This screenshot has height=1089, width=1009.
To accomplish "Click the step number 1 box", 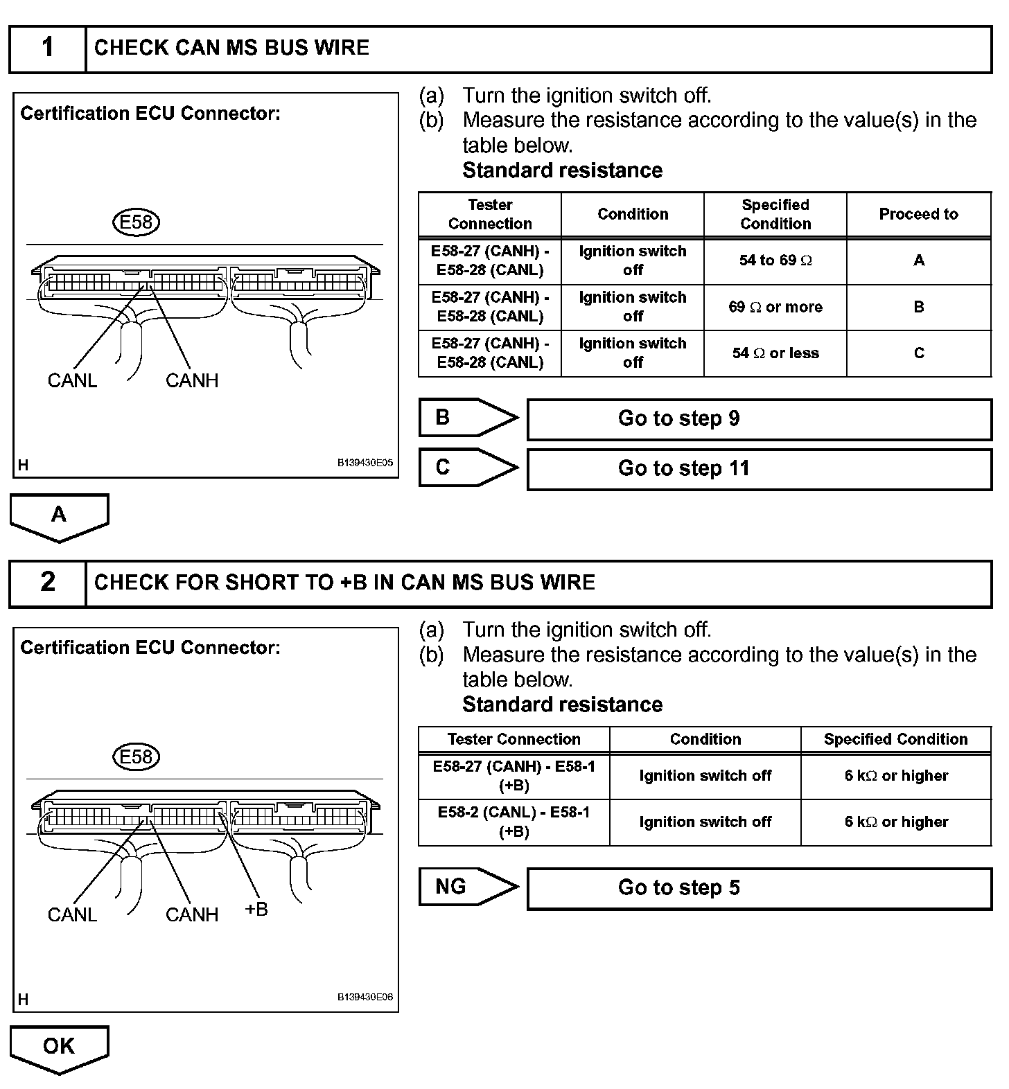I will point(47,48).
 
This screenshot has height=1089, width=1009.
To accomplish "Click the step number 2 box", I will point(47,583).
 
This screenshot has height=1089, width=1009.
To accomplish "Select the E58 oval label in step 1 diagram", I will point(136,222).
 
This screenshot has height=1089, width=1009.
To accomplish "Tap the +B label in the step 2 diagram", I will point(256,910).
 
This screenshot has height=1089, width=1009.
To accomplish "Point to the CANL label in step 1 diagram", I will point(72,380).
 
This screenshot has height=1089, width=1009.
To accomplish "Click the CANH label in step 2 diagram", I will point(192,915).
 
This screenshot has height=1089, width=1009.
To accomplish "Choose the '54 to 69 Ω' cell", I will point(775,261).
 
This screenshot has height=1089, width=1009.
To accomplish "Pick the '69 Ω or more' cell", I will point(775,307).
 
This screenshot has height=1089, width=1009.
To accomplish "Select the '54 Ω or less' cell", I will point(775,353).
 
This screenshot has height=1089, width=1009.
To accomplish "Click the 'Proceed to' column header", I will point(918,215).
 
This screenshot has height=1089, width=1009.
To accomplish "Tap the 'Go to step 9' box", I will point(759,419).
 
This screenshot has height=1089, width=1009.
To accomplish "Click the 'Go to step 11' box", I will point(759,469).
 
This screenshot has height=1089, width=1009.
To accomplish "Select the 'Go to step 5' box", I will point(759,888).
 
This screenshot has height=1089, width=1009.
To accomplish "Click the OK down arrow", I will point(60,1047).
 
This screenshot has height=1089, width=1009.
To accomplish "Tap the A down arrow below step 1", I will point(60,515).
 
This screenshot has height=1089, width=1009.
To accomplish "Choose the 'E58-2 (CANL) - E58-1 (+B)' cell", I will point(514,822).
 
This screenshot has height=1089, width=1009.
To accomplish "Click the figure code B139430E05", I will point(365,463).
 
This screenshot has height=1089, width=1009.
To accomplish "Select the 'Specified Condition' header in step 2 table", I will point(895,739).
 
